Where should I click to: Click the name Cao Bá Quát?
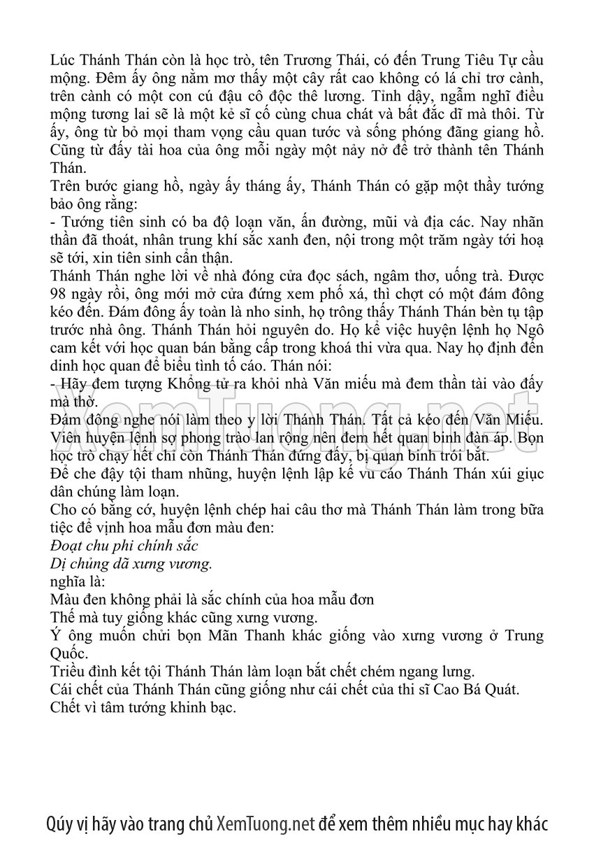470,691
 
